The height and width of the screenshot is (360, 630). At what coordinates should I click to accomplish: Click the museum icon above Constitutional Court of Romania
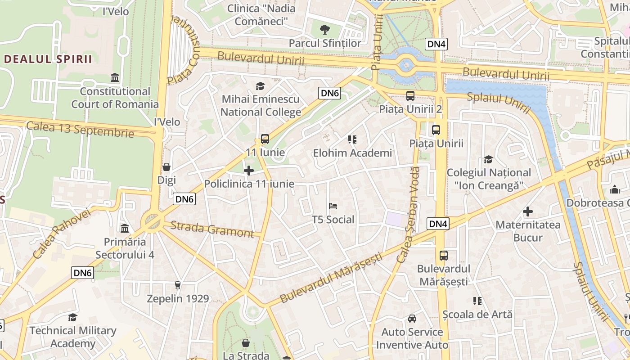pyautogui.click(x=115, y=78)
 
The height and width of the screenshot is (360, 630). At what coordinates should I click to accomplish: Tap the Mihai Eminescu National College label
pyautogui.click(x=261, y=105)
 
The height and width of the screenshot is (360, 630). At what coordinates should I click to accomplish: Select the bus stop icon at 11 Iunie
pyautogui.click(x=265, y=139)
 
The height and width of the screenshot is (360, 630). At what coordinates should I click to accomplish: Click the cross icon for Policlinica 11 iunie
pyautogui.click(x=248, y=171)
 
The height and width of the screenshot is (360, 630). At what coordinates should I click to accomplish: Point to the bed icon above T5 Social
pyautogui.click(x=333, y=206)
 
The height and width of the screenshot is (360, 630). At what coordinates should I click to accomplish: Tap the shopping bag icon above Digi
pyautogui.click(x=166, y=167)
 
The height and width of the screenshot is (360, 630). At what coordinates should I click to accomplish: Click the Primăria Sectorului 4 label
pyautogui.click(x=125, y=248)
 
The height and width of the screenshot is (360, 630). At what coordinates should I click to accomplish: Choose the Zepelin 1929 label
pyautogui.click(x=178, y=298)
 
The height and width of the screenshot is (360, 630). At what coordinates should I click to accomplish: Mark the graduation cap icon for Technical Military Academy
pyautogui.click(x=72, y=318)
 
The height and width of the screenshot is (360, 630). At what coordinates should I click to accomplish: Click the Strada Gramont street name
pyautogui.click(x=212, y=229)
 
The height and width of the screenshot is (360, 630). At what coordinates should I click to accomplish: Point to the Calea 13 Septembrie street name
pyautogui.click(x=80, y=129)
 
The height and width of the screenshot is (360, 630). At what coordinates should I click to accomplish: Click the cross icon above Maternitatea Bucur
pyautogui.click(x=528, y=211)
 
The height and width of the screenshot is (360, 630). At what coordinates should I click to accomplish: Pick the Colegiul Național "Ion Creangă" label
pyautogui.click(x=489, y=179)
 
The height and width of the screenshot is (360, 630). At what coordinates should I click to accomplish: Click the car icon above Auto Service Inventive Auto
pyautogui.click(x=412, y=319)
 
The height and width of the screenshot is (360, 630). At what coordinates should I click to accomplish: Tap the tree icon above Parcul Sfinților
pyautogui.click(x=324, y=30)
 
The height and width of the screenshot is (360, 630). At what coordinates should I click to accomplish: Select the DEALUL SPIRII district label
pyautogui.click(x=48, y=59)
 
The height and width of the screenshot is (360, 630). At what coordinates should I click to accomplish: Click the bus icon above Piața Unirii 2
pyautogui.click(x=410, y=95)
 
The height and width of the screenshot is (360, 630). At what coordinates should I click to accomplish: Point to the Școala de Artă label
pyautogui.click(x=477, y=314)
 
